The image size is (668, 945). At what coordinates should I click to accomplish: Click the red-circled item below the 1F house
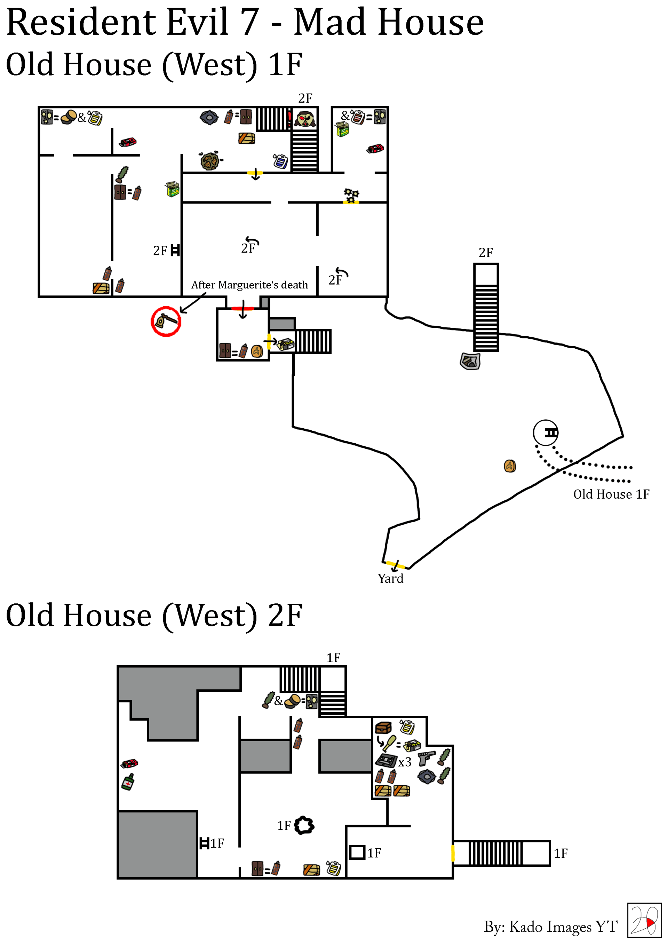tap(166, 321)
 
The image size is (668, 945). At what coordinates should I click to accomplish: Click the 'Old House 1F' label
tap(611, 494)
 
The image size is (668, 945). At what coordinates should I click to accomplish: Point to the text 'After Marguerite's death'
tap(249, 285)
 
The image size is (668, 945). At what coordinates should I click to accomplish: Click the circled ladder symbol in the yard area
tap(546, 432)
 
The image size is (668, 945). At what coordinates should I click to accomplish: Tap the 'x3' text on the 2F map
tap(405, 762)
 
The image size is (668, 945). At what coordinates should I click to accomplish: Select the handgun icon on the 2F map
tap(426, 757)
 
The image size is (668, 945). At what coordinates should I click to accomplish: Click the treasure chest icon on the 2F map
tap(383, 728)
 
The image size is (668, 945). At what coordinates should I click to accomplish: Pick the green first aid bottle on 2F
tap(128, 781)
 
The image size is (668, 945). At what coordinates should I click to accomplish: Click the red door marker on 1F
tap(243, 308)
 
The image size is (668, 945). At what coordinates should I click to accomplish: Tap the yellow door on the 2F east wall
tap(453, 853)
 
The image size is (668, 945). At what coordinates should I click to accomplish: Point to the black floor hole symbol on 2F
tap(304, 825)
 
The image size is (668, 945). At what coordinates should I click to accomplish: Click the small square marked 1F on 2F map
tap(357, 852)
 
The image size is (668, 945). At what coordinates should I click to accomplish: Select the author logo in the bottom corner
tap(644, 920)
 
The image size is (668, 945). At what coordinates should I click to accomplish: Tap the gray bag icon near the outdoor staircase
tap(470, 362)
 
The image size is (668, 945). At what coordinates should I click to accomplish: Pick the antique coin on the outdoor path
tap(510, 466)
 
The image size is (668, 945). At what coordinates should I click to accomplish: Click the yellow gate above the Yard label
tap(396, 565)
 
